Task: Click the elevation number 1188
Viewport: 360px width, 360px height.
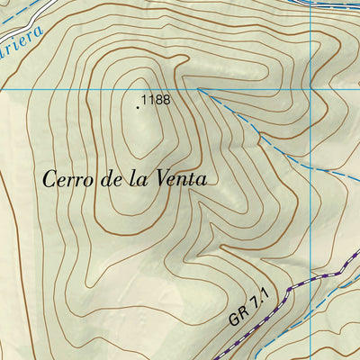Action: pyautogui.click(x=156, y=101)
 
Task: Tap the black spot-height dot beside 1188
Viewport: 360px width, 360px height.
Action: pyautogui.click(x=138, y=106)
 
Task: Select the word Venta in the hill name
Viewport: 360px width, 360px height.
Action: pyautogui.click(x=180, y=179)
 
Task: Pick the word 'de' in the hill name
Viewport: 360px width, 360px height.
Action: pyautogui.click(x=113, y=179)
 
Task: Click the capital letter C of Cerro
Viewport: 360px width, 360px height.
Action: pyautogui.click(x=50, y=179)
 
